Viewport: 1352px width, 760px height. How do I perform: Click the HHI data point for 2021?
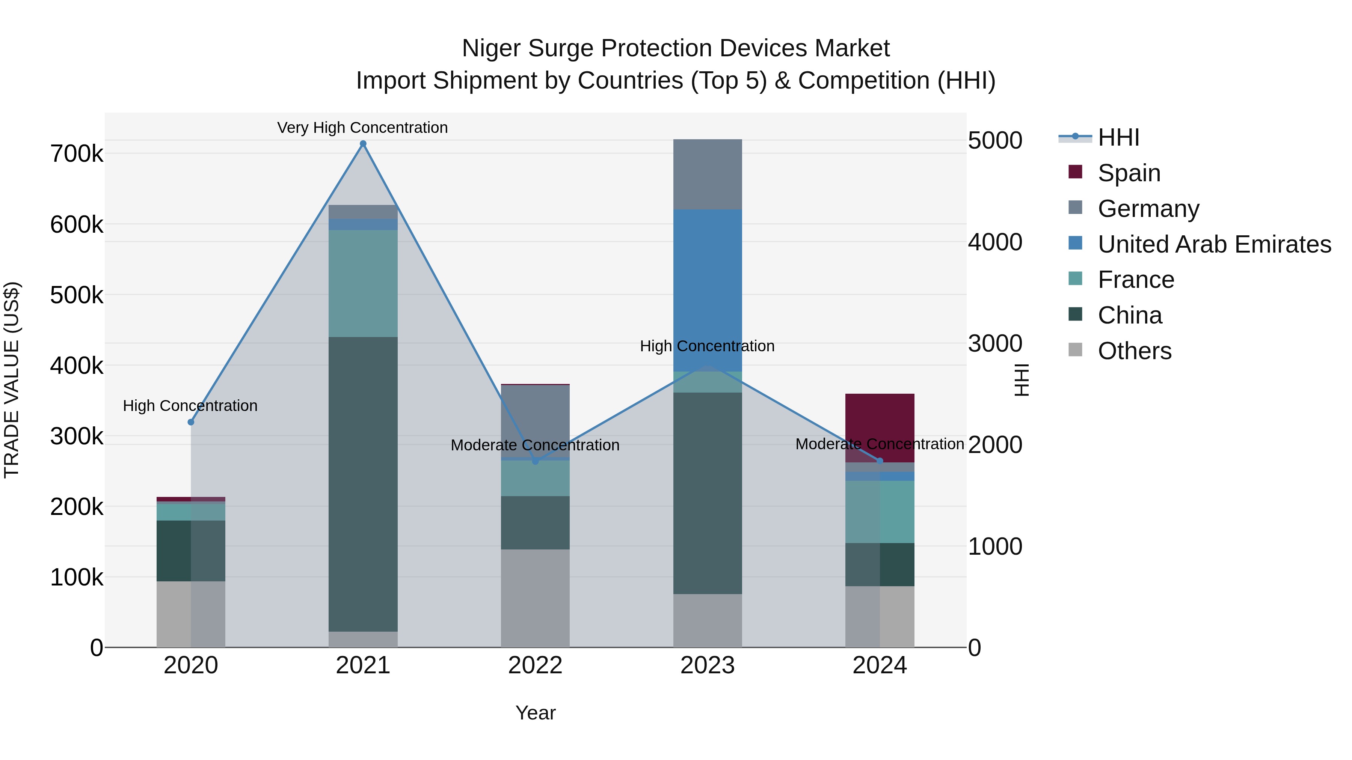363,144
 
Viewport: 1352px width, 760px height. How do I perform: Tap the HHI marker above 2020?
191,422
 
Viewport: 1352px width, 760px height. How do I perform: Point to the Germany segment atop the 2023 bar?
708,174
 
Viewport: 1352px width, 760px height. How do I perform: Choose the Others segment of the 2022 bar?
535,598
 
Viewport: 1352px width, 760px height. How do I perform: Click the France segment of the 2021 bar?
363,283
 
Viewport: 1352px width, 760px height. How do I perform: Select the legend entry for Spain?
1129,173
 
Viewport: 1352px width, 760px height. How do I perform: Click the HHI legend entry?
1118,137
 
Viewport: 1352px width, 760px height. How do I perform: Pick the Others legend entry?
1134,351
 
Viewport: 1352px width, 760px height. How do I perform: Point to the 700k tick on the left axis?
77,154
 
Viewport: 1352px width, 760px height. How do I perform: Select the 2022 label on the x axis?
535,665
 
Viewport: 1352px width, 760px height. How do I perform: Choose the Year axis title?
535,713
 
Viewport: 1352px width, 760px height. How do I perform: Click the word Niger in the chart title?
491,48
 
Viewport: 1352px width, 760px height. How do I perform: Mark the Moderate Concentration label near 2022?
535,445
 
